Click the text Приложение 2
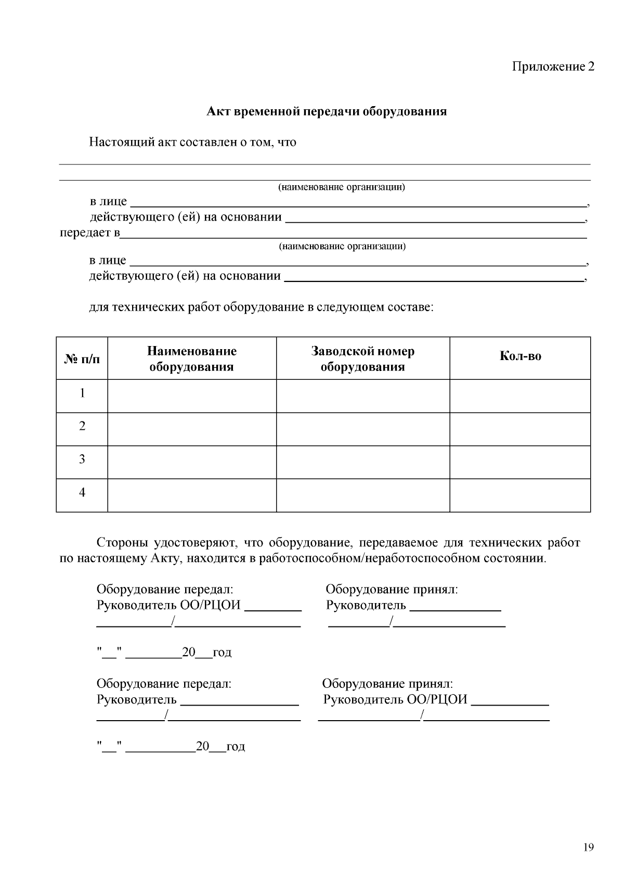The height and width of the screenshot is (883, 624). (553, 67)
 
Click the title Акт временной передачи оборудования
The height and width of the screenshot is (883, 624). (327, 111)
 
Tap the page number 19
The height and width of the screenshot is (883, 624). (588, 848)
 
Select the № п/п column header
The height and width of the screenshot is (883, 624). (82, 359)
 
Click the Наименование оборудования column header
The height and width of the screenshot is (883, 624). (191, 359)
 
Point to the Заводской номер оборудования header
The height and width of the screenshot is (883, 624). (362, 359)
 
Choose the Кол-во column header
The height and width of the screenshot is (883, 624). (520, 356)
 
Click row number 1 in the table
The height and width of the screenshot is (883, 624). (82, 393)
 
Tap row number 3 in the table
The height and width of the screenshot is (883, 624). (82, 459)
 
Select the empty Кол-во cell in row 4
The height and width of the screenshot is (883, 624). (520, 495)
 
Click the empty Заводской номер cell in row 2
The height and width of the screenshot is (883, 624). (362, 429)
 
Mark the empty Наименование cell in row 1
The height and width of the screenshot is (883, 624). (191, 395)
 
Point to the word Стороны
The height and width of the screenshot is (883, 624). (122, 543)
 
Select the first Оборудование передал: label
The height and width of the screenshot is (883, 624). (165, 590)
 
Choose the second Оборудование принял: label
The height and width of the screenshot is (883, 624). (387, 683)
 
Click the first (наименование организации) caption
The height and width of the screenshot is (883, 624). (342, 187)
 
